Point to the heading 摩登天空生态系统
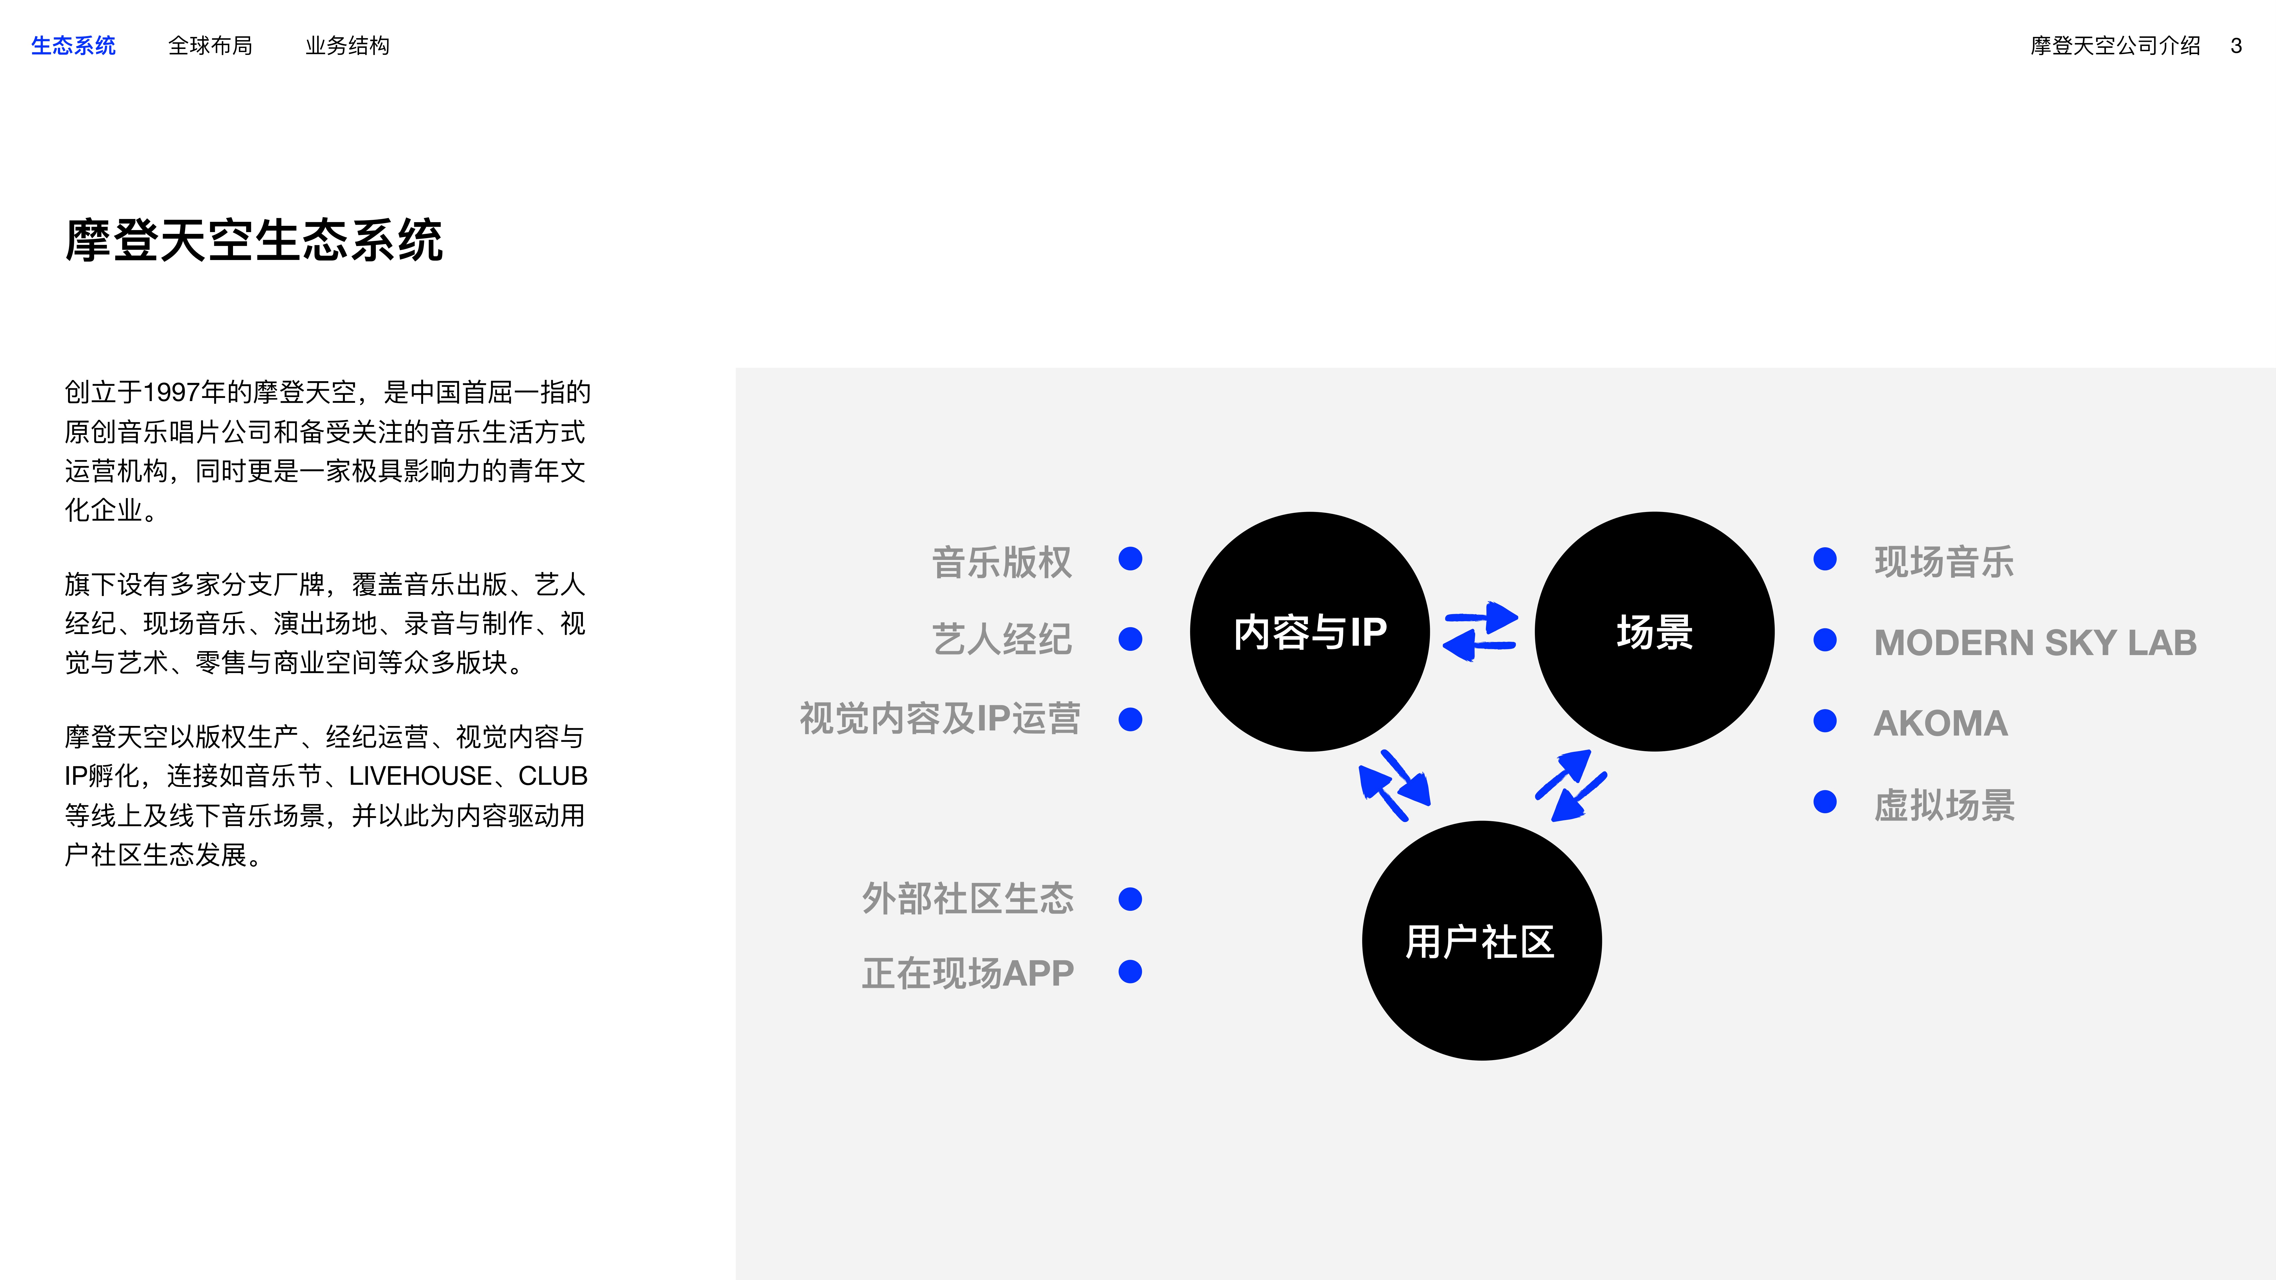[x=254, y=240]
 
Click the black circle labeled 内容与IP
[x=1310, y=631]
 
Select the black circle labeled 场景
[x=1655, y=631]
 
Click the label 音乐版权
[x=1002, y=562]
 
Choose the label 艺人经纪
[x=1002, y=639]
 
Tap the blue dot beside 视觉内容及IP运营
[x=1130, y=719]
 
